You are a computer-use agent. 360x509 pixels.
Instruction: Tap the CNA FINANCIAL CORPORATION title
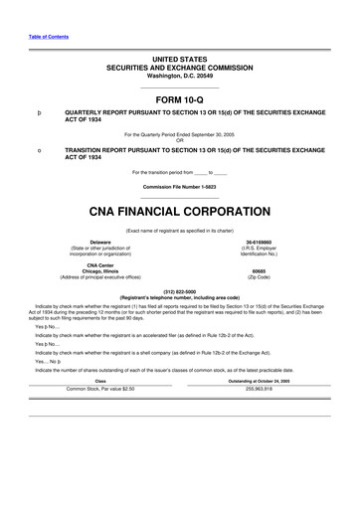(179, 211)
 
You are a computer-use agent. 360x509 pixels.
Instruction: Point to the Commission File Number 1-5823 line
(179, 186)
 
